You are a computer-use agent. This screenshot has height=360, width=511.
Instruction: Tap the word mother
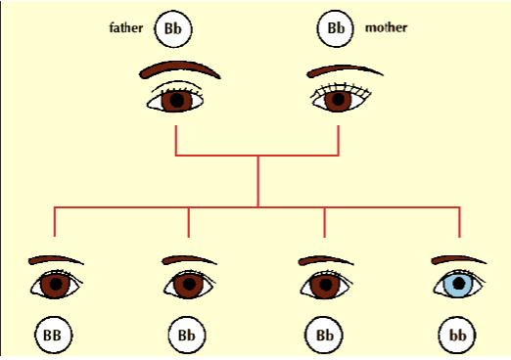387,27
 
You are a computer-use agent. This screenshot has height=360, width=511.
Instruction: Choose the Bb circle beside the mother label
336,28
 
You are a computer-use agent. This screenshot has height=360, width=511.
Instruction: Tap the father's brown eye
177,99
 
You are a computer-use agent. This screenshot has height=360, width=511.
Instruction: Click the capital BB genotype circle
53,335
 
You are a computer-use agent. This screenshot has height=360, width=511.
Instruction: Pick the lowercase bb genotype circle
458,335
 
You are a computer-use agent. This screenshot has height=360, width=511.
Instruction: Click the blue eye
457,286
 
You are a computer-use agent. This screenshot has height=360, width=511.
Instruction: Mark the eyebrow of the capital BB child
57,260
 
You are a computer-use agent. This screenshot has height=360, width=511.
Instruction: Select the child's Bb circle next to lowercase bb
324,335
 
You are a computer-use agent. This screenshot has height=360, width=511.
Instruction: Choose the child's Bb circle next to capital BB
188,335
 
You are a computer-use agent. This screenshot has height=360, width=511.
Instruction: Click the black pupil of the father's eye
177,100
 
